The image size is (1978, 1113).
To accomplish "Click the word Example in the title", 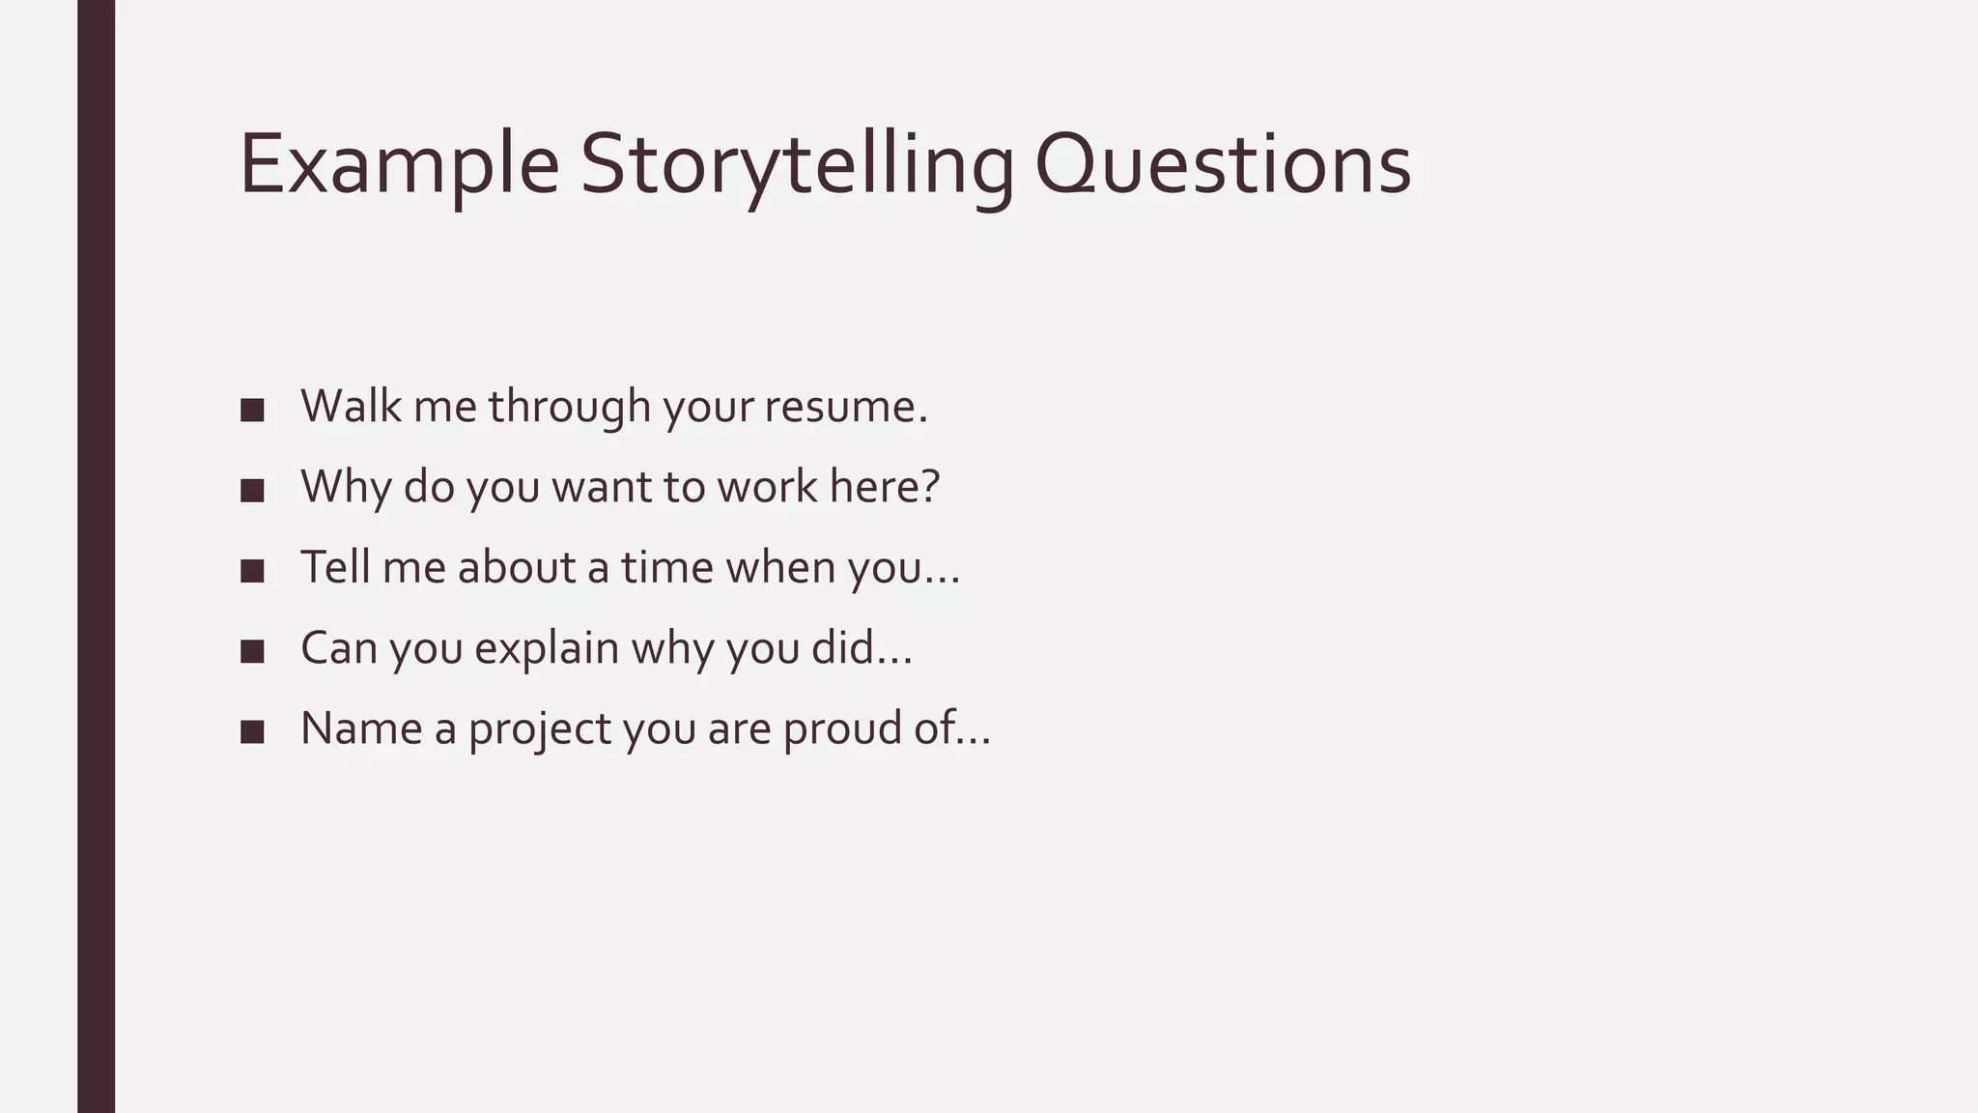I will pos(398,166).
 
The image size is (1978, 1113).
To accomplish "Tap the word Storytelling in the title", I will pos(797,166).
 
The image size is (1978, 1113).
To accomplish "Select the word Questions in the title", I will pos(1222,166).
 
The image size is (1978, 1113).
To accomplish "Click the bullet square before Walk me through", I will pos(252,410).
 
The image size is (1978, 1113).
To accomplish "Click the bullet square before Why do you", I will pos(252,490).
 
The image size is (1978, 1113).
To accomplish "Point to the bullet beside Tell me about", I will pos(252,570).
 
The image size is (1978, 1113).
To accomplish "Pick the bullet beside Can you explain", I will pos(252,651).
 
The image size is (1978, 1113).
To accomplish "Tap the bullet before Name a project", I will pos(252,731).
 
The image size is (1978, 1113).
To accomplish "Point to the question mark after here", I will pos(930,486).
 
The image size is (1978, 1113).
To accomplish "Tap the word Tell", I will pos(335,567).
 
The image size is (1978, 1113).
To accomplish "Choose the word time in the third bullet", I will pos(666,567).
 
